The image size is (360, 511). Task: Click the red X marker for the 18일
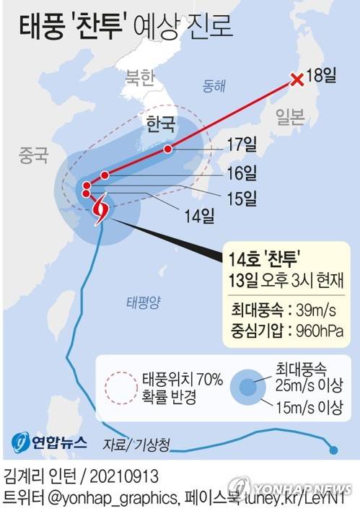(296, 80)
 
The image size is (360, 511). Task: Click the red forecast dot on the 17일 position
(168, 149)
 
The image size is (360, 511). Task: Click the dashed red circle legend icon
(120, 388)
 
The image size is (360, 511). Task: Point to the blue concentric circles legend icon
(246, 388)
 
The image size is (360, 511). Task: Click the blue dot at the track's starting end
(333, 451)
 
